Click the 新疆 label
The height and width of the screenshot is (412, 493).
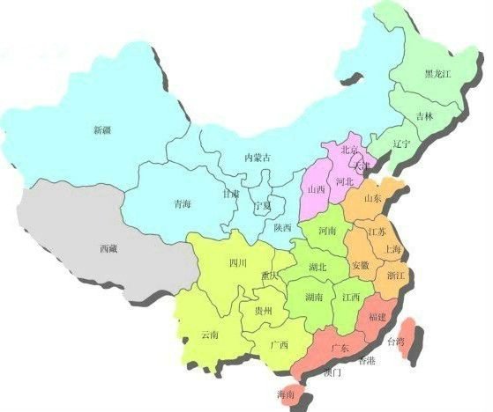(102, 130)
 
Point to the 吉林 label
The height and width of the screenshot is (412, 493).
(424, 116)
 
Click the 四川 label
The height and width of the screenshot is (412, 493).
(237, 262)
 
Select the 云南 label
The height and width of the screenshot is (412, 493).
(210, 334)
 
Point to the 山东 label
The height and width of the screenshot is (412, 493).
(372, 199)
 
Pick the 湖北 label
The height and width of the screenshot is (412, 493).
(318, 267)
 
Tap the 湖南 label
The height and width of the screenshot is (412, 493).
(313, 298)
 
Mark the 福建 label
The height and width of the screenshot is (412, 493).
(376, 316)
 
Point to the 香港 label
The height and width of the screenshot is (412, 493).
(366, 361)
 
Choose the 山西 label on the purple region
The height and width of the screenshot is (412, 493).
(315, 189)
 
